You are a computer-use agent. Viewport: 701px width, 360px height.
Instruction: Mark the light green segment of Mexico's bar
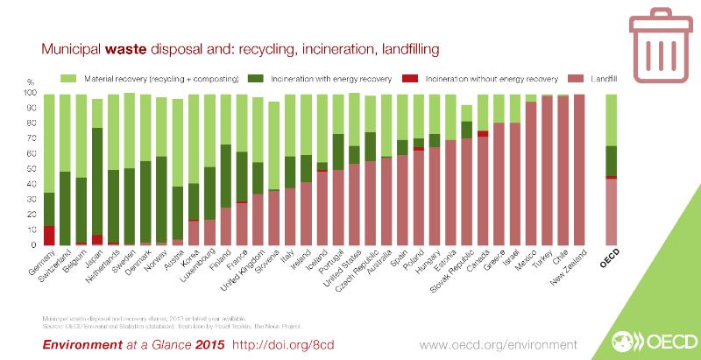[x=530, y=98]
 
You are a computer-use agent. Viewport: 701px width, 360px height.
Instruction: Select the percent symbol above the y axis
[x=32, y=81]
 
